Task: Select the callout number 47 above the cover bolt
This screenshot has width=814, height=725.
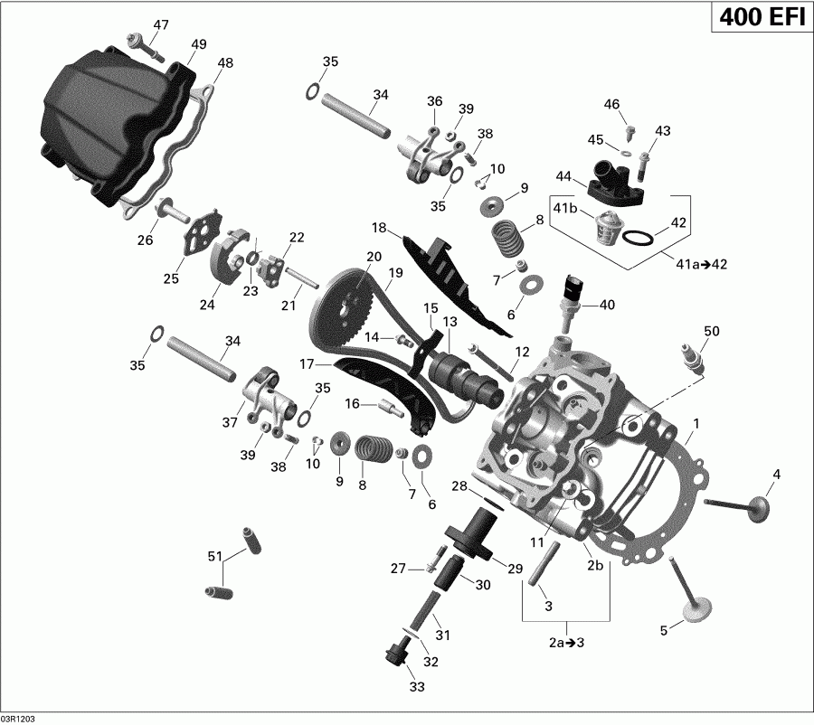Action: click(x=160, y=24)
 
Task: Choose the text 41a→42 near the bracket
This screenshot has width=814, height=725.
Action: click(x=702, y=264)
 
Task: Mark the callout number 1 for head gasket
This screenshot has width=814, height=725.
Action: click(x=696, y=423)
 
